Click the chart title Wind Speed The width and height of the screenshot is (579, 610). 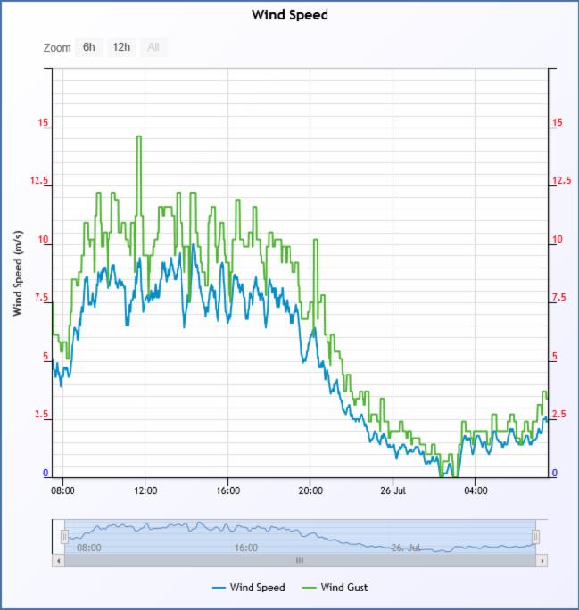(289, 14)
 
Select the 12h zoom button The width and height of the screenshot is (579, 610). (120, 47)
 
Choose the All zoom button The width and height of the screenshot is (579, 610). (153, 47)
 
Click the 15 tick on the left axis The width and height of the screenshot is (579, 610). (44, 123)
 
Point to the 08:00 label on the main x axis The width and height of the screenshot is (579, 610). (62, 490)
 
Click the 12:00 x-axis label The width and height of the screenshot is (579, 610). (145, 490)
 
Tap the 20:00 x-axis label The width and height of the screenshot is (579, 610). (310, 490)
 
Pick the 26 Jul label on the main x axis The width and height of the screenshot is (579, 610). (393, 490)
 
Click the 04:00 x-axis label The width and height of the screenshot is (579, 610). (476, 490)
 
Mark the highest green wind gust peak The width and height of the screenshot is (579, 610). (138, 137)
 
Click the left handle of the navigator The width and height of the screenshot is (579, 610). (64, 536)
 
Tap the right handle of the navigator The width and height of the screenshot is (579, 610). (535, 536)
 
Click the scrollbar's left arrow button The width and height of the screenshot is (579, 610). (59, 560)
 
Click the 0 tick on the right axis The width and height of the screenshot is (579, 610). (555, 474)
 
